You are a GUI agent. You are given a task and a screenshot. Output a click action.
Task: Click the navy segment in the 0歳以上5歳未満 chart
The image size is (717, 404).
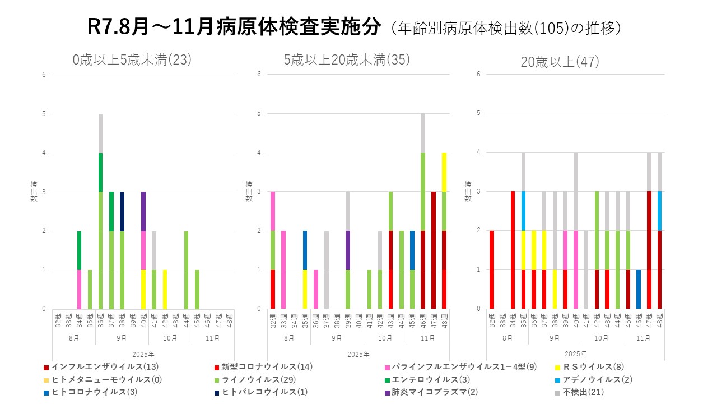[x=122, y=211]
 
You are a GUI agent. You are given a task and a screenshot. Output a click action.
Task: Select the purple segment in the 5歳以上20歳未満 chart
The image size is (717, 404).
[x=348, y=250]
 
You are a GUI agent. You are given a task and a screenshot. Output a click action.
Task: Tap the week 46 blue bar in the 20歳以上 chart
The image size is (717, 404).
[x=639, y=289]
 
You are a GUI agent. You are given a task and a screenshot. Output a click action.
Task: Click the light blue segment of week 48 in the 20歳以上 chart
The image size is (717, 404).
[x=660, y=211]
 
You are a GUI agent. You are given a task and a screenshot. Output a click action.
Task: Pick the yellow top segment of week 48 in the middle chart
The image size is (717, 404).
[x=444, y=172]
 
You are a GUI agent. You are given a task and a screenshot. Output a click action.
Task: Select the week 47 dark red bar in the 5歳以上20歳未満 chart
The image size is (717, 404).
[x=434, y=250]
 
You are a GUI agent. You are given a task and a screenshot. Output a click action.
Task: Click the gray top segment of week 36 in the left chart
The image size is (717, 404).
[x=100, y=134]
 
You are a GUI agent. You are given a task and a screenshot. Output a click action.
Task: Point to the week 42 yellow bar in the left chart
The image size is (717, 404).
[x=165, y=289]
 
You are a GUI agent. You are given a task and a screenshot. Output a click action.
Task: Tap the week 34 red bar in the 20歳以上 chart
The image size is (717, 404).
[x=512, y=250]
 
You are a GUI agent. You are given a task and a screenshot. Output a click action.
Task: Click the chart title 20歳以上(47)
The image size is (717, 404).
[x=560, y=62]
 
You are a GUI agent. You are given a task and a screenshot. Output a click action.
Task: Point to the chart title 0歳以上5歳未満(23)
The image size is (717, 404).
[x=132, y=59]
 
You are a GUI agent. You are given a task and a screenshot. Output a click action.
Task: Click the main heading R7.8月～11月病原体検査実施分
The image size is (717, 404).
[x=234, y=27]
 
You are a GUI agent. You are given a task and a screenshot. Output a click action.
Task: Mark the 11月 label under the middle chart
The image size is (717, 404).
[x=428, y=338]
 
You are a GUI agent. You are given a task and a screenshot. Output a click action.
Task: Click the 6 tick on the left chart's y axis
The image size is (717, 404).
[x=43, y=75]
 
